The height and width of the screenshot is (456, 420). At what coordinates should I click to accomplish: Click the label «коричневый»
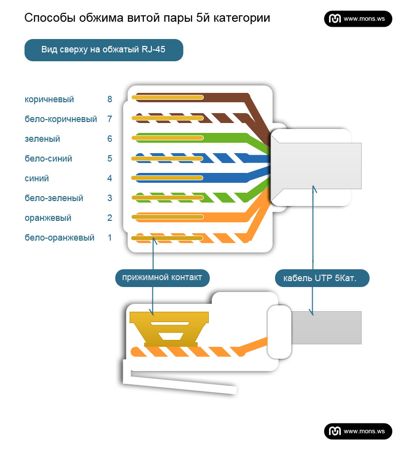(x=49, y=99)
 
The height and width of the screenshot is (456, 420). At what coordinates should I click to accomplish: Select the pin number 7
(x=109, y=119)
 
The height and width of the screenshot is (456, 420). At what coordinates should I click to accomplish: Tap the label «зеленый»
(x=42, y=139)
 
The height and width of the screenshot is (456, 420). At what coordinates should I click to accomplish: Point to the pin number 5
(x=109, y=159)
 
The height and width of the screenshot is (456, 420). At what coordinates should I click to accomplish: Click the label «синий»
(x=37, y=178)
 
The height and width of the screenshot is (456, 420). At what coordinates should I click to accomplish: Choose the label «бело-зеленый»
(x=54, y=198)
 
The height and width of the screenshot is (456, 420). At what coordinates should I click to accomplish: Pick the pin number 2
(x=109, y=218)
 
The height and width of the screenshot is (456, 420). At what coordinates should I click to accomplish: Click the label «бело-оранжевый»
(x=59, y=238)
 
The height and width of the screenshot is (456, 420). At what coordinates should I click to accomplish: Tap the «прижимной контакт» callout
(x=162, y=278)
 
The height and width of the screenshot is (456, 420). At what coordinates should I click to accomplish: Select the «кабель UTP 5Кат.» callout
(x=322, y=278)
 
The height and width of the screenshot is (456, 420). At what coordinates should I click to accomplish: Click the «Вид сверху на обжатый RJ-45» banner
(x=104, y=50)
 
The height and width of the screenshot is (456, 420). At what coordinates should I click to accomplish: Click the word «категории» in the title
(x=242, y=18)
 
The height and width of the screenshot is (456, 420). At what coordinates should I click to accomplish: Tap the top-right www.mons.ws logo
(x=358, y=19)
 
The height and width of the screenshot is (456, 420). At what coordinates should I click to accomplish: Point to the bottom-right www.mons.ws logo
(x=358, y=431)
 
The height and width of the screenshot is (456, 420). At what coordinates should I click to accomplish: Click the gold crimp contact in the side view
(x=169, y=329)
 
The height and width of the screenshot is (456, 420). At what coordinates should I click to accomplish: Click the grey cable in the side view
(x=326, y=328)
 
